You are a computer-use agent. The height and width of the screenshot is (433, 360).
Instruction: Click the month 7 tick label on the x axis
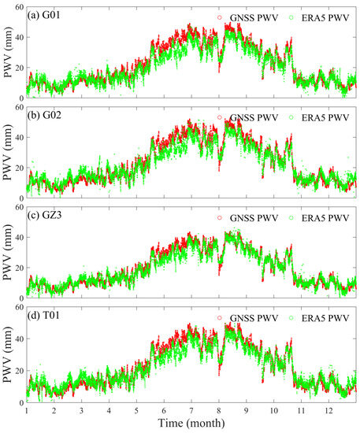(191, 412)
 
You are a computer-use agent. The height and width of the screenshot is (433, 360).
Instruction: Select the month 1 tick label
(26, 412)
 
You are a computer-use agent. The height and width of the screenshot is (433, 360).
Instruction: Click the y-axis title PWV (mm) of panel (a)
(7, 52)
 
